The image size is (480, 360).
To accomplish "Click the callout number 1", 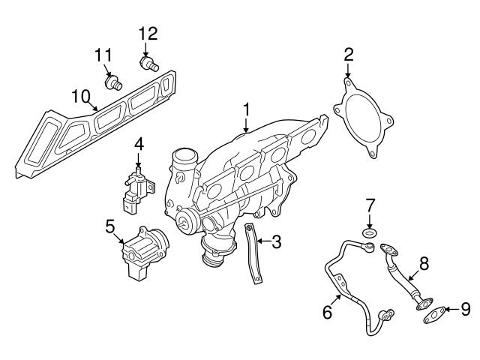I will [x=245, y=109].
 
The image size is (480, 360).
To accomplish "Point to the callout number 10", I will [x=80, y=96].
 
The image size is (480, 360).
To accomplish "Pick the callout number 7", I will [x=369, y=204].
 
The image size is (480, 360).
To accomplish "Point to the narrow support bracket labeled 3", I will [x=254, y=255].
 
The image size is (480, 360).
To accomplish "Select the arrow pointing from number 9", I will [x=448, y=308].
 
